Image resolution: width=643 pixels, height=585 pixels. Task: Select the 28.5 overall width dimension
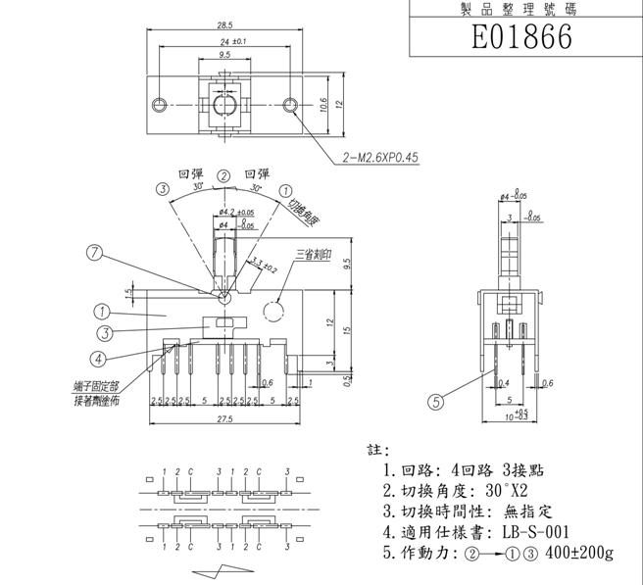[223, 24]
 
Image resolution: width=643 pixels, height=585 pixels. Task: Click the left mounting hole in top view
[158, 105]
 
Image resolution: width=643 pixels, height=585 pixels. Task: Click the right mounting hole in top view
[289, 105]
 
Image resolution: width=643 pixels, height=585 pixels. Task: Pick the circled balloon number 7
[94, 253]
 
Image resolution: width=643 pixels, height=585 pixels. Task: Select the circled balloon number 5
[438, 399]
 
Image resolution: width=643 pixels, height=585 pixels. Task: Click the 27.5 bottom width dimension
[223, 419]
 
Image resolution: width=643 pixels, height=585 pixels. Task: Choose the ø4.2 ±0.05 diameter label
[236, 212]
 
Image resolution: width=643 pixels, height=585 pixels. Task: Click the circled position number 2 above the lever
[224, 176]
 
